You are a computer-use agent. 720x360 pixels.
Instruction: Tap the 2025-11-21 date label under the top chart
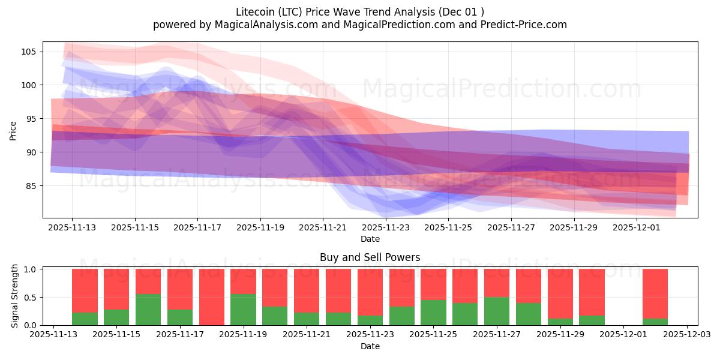323,227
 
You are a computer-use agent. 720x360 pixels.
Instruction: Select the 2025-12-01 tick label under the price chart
637,227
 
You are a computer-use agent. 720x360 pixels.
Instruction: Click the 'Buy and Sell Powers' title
370,257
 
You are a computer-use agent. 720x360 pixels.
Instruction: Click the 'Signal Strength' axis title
15,296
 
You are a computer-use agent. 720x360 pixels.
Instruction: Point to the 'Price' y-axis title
13,130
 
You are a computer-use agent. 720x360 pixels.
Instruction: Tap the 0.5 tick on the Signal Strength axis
30,297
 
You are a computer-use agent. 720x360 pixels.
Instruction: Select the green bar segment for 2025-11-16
148,310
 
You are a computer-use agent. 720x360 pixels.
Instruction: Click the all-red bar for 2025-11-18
212,297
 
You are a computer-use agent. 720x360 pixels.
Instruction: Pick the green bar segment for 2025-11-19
243,310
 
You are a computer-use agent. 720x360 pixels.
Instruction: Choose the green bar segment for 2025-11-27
497,311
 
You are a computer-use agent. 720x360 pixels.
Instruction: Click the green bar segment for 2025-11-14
85,319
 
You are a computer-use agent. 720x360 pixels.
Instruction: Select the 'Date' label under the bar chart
370,346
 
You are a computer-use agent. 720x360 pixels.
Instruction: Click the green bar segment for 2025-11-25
433,313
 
